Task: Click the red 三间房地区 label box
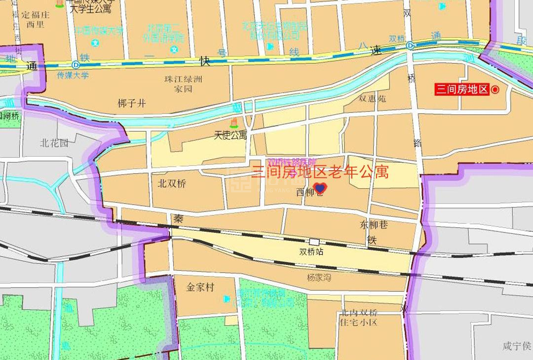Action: tap(461, 89)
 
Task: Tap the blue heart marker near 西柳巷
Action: tap(320, 188)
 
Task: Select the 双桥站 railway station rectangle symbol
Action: tap(314, 242)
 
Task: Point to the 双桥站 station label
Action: tap(311, 252)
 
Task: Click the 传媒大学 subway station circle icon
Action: tap(76, 65)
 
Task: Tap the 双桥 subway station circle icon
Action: tap(410, 45)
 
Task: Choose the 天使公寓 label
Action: tap(230, 135)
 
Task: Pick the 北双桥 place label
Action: tap(172, 184)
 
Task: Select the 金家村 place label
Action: tap(201, 287)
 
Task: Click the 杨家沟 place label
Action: tap(319, 278)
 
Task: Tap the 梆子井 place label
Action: tap(132, 104)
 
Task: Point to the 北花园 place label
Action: tap(54, 144)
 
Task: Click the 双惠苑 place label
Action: tap(372, 99)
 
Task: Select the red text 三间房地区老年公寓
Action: tap(320, 172)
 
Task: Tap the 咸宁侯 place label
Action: tap(516, 346)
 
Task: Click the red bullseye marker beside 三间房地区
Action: tap(495, 89)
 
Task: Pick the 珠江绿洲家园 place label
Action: tap(183, 84)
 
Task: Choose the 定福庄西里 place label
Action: tap(36, 19)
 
